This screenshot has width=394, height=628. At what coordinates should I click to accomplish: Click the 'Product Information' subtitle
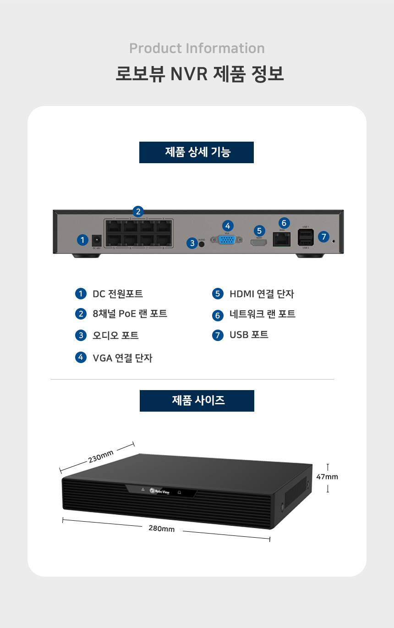click(197, 48)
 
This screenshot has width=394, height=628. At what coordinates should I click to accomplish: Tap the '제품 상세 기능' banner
click(197, 152)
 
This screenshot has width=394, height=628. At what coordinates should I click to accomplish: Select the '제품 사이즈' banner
click(197, 401)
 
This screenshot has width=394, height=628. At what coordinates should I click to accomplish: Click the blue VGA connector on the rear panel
click(227, 240)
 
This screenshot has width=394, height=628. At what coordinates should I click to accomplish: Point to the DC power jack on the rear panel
click(97, 240)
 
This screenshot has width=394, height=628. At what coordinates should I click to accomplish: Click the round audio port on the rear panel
click(202, 243)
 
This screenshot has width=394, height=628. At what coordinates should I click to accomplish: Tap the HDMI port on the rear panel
click(259, 243)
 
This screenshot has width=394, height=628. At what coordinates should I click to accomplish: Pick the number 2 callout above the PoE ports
click(138, 211)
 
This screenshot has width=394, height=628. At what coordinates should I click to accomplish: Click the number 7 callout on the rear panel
click(324, 237)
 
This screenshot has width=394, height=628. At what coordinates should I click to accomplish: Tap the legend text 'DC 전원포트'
click(118, 294)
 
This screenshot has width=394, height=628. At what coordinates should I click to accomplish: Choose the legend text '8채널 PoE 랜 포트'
click(130, 314)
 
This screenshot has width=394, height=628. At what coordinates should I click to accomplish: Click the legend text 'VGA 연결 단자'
click(122, 358)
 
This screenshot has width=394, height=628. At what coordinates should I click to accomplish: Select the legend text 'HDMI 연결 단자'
click(262, 294)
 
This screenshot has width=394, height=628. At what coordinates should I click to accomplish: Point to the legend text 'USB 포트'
click(249, 335)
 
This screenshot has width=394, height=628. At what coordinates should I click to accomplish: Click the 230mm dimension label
click(101, 457)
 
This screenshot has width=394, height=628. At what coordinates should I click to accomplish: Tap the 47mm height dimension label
click(327, 477)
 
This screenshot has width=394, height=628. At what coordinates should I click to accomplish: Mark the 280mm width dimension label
click(161, 529)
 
